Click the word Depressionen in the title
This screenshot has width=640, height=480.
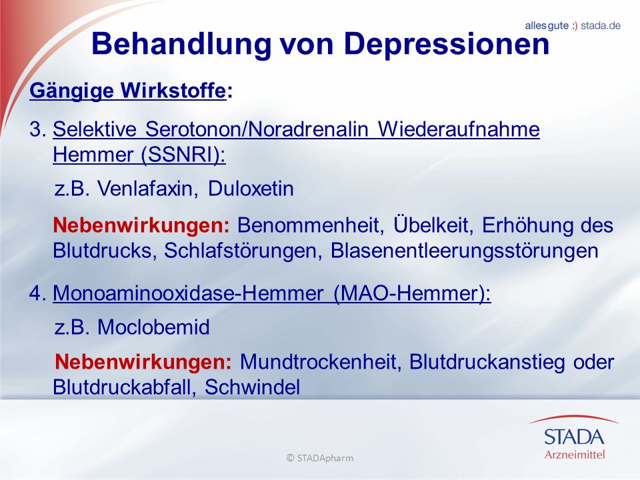[x=447, y=44]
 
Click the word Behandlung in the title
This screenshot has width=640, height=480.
[x=181, y=43]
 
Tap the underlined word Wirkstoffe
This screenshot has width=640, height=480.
[x=173, y=90]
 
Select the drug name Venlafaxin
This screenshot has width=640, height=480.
[x=145, y=189]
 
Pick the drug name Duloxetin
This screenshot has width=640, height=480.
[x=251, y=189]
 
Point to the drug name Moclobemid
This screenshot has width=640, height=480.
[x=153, y=327]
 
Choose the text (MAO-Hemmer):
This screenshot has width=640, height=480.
[x=412, y=293]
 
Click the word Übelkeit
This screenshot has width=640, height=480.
[x=433, y=225]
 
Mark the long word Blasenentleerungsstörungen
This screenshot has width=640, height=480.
[x=465, y=251]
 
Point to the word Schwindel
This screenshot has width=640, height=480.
[x=252, y=387]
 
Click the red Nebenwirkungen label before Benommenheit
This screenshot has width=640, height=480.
[x=141, y=225]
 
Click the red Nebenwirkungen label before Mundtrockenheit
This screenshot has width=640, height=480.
[x=143, y=362]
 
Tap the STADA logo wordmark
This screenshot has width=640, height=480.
[x=574, y=436]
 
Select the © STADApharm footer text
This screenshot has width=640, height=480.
[x=320, y=458]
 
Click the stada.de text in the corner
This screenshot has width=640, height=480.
[x=601, y=26]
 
